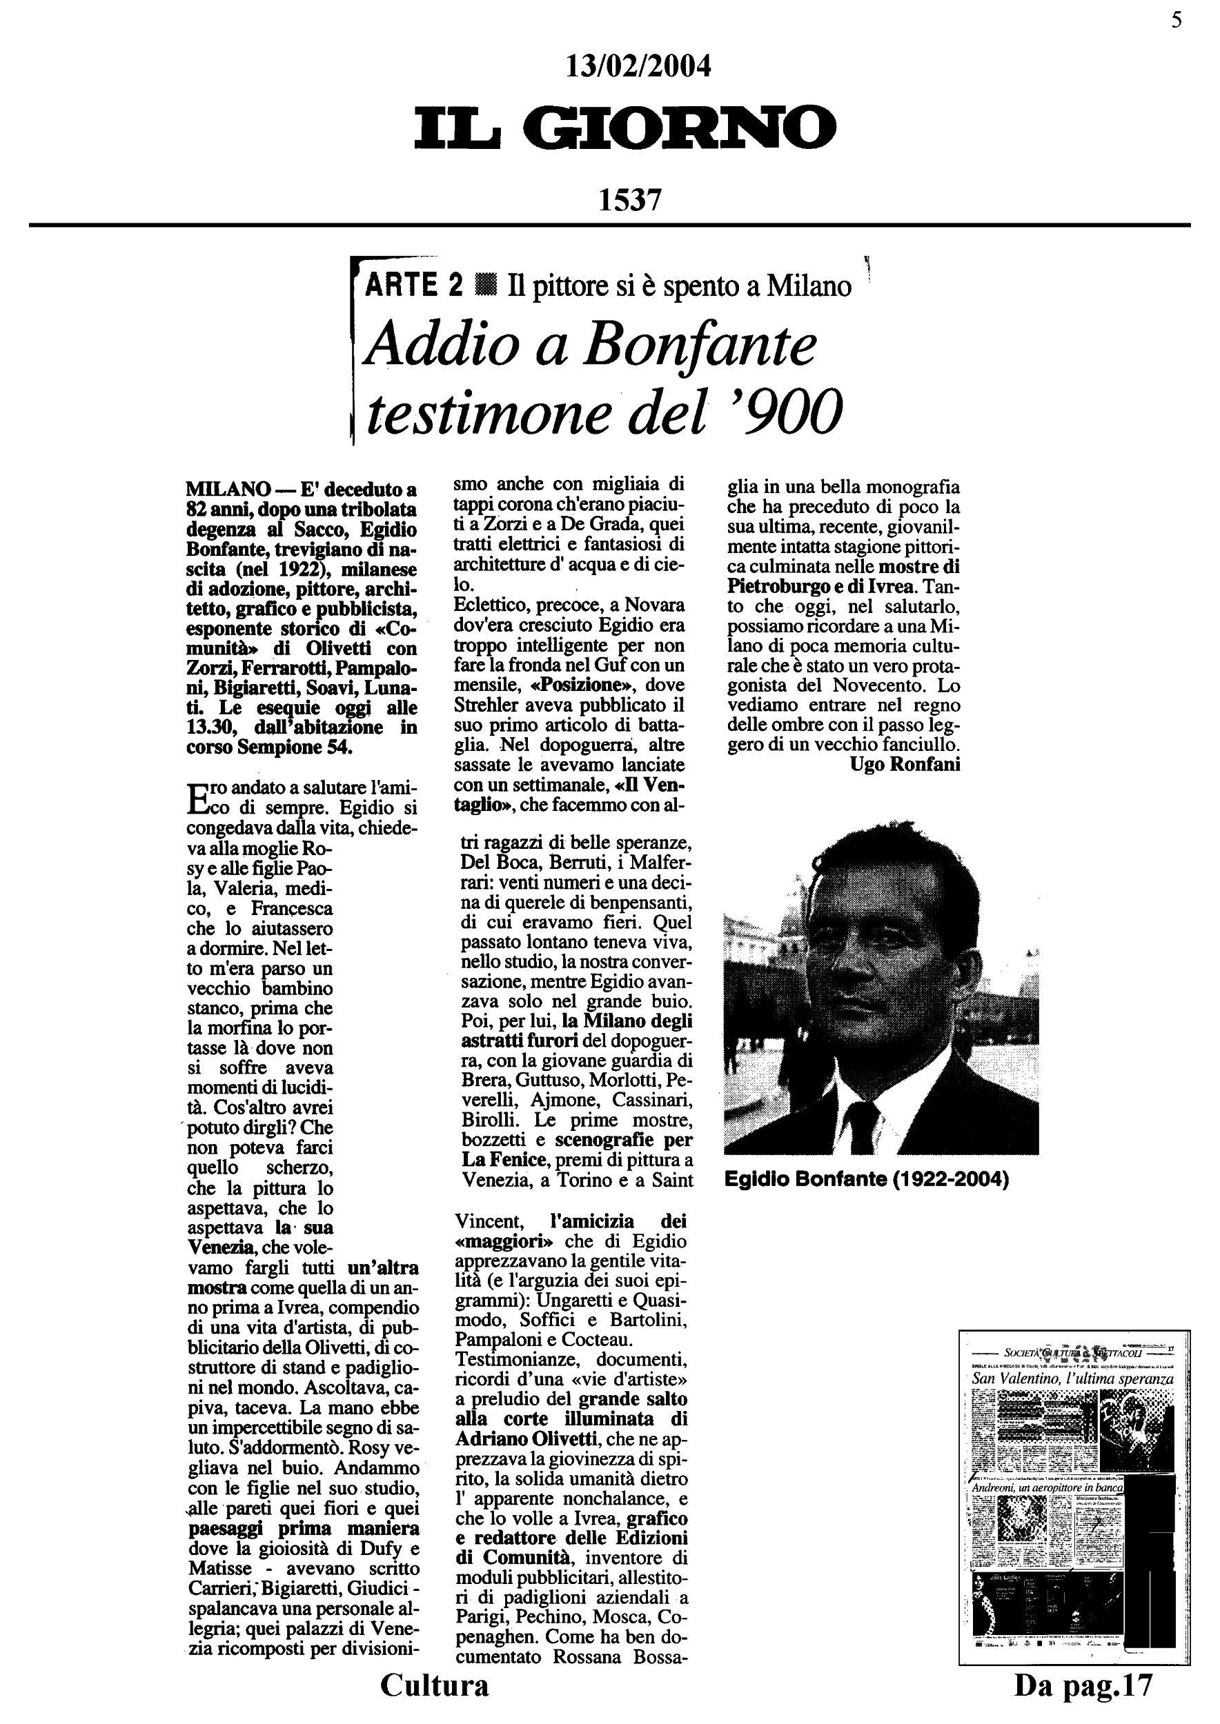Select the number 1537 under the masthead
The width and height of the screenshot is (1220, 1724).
[x=629, y=200]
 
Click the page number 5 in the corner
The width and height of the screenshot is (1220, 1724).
[x=1177, y=20]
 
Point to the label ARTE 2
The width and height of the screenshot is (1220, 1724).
[x=413, y=286]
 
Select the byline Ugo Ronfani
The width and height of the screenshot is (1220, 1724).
[x=905, y=764]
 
